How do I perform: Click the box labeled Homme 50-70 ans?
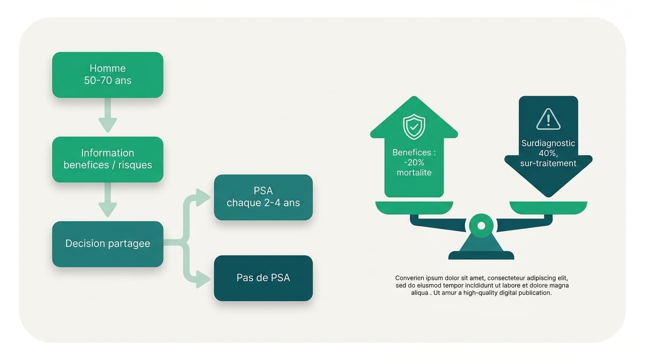107,75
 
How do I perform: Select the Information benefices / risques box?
107,159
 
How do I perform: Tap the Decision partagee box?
107,244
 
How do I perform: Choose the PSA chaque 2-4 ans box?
263,197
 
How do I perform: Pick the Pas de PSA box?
263,278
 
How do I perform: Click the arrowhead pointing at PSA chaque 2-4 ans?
203,197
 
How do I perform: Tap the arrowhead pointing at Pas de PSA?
203,279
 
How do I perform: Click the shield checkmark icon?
414,127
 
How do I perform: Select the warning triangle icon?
548,119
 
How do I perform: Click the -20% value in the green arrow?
414,163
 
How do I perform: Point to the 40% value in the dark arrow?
548,153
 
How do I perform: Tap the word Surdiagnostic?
548,143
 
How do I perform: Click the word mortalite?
414,172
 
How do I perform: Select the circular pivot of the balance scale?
481,225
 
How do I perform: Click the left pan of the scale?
414,208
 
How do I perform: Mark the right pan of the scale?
548,208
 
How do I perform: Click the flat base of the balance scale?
481,255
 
